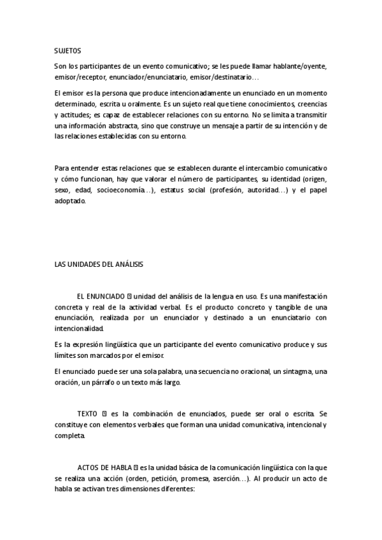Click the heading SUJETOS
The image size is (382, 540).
(x=67, y=50)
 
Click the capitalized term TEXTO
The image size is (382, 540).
(x=87, y=414)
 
